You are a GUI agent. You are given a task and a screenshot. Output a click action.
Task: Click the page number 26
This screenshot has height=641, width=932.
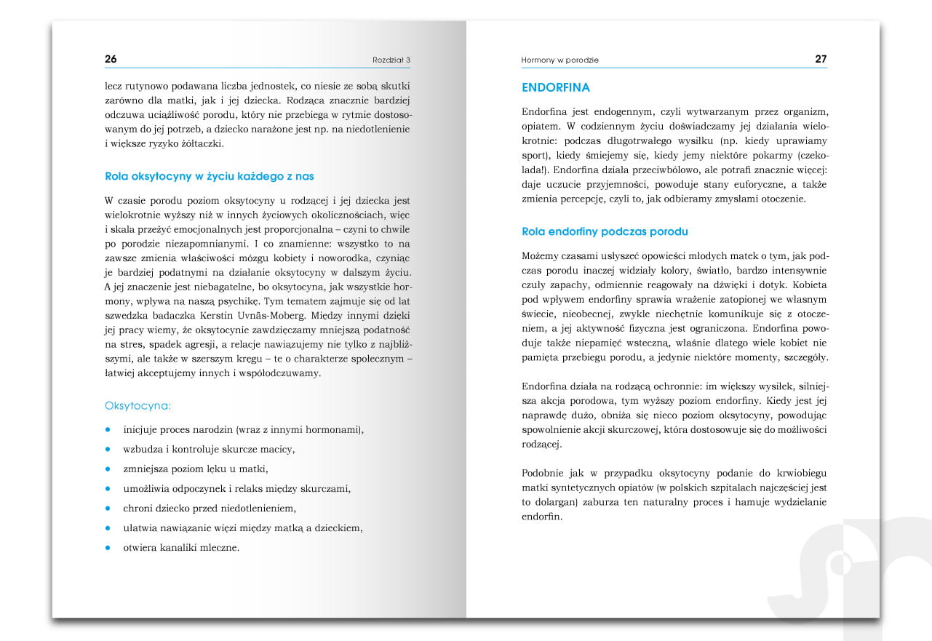coord(111,59)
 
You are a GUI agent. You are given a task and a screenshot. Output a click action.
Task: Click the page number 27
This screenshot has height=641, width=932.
coord(820,59)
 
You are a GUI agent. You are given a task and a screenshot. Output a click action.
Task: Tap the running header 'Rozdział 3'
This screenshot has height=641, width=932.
coord(391,60)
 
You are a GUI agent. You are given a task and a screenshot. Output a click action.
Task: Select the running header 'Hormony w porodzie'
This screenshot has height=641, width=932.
coord(559,60)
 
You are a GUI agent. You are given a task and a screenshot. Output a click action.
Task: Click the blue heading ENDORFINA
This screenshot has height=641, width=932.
coord(556,87)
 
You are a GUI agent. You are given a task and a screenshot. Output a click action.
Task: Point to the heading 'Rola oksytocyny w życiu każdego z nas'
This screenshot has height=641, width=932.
coord(210,176)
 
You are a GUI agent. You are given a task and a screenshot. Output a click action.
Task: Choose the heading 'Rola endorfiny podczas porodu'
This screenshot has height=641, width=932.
coord(605,231)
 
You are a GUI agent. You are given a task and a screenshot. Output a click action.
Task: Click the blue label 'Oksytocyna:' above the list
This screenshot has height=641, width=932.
coord(138,405)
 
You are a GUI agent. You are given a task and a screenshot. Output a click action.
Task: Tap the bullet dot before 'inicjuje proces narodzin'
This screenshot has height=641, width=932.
coord(108,429)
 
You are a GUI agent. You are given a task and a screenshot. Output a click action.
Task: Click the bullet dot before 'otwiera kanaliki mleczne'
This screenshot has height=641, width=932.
coord(108,546)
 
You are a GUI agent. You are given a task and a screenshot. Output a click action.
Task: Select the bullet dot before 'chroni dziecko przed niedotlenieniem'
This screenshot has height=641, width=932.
coord(108,507)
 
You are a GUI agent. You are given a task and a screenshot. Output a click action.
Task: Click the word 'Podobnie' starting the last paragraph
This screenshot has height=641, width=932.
coord(544,473)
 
